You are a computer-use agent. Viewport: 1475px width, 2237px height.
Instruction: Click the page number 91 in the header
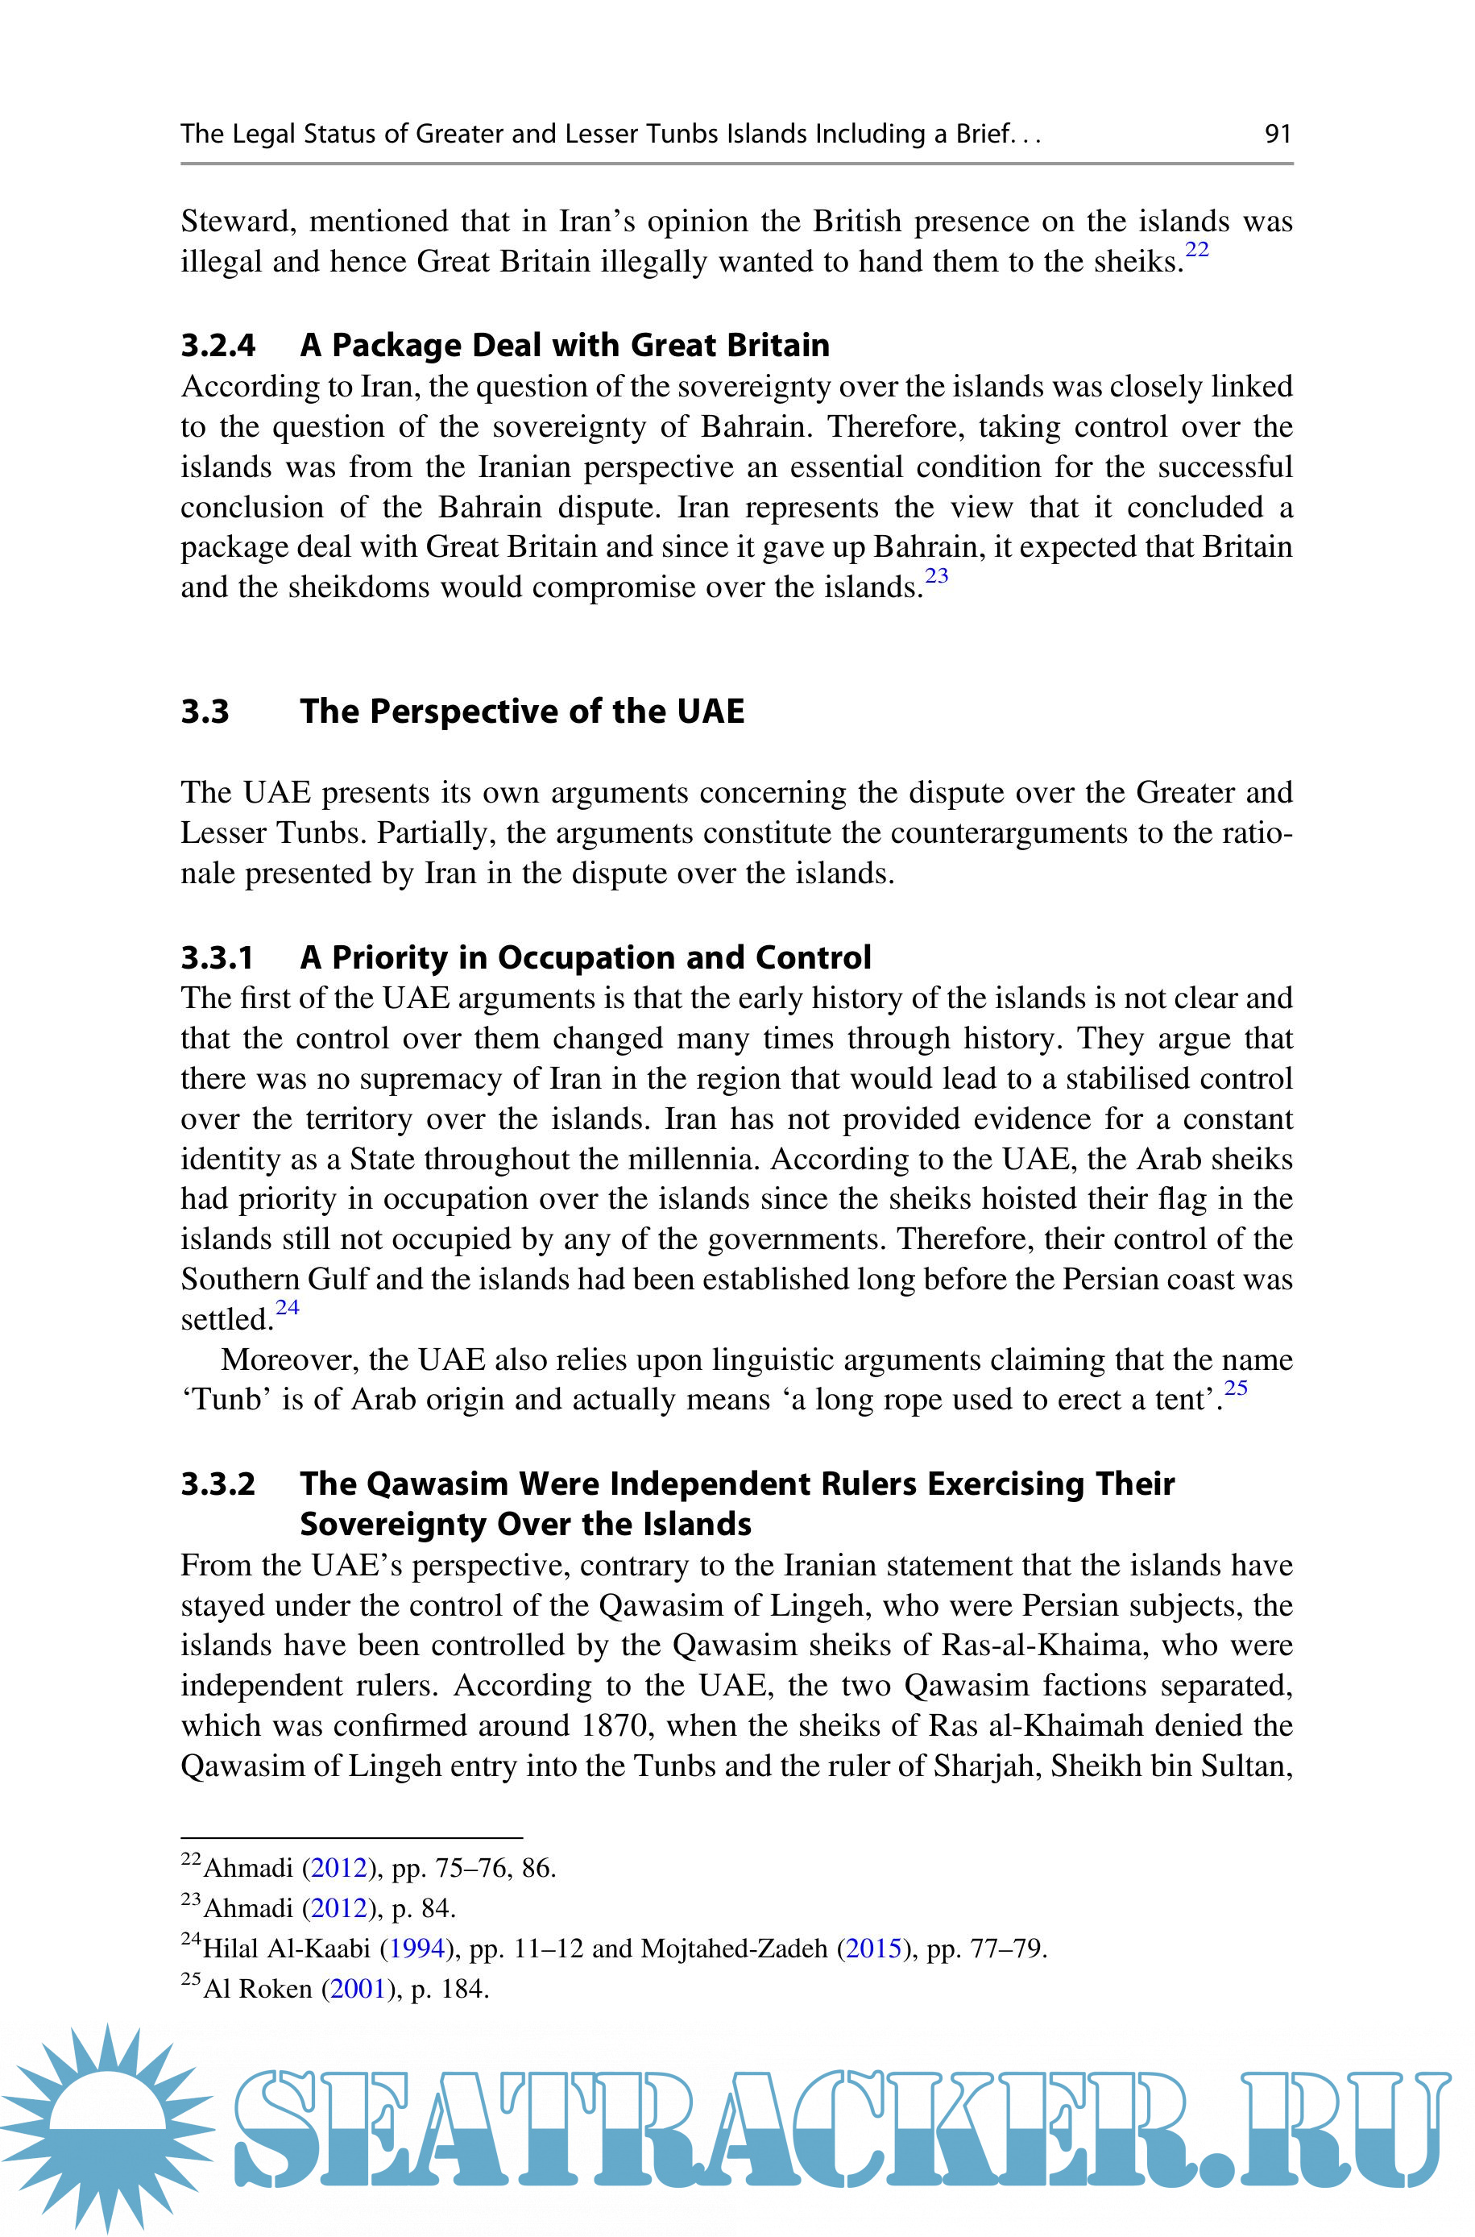[x=1278, y=134]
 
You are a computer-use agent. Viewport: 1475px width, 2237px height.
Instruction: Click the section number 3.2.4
[x=218, y=345]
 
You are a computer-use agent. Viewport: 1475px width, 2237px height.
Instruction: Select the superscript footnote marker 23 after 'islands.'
[x=936, y=575]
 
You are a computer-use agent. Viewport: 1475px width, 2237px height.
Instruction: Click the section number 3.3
[x=205, y=712]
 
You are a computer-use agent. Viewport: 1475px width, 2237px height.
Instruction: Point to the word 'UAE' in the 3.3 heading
[x=711, y=712]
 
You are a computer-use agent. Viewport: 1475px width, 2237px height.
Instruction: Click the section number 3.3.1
[x=218, y=957]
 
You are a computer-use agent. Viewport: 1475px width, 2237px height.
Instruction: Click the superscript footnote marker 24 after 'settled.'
[x=287, y=1308]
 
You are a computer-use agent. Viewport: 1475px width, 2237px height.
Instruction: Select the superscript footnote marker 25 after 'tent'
[x=1235, y=1388]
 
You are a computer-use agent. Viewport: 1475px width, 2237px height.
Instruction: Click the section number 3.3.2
[x=218, y=1484]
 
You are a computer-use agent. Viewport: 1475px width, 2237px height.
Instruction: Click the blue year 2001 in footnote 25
[x=358, y=1989]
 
